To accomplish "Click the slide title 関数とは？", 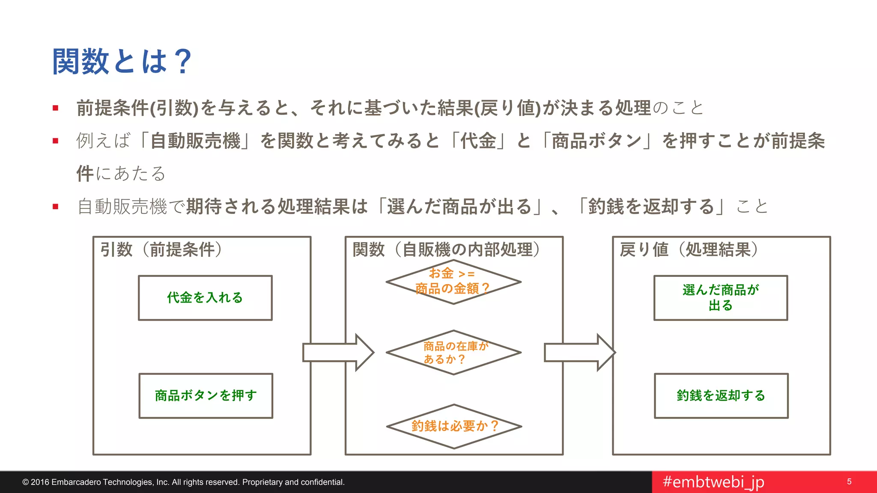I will tap(122, 62).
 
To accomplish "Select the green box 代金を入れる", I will tap(205, 298).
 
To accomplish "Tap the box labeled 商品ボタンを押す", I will tap(206, 396).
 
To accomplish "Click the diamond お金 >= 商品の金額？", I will tap(453, 282).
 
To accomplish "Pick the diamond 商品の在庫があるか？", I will tap(453, 353).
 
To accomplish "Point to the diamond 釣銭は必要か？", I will tap(454, 426).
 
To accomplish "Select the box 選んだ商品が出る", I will tap(720, 298).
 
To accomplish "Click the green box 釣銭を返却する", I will tap(721, 396).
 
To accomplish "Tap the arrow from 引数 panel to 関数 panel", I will tap(338, 353).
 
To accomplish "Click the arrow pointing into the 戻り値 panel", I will tap(579, 353).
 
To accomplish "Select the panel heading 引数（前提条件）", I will tap(161, 249).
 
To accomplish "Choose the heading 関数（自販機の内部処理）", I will tap(446, 249).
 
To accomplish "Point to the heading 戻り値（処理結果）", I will tap(689, 249).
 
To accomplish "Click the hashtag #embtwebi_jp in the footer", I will tap(713, 482).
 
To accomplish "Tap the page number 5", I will tap(849, 482).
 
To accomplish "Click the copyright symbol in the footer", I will tap(25, 482).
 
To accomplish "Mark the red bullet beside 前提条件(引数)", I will tap(55, 108).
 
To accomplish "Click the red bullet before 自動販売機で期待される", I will tap(55, 207).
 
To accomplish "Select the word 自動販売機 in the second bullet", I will tap(196, 141).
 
